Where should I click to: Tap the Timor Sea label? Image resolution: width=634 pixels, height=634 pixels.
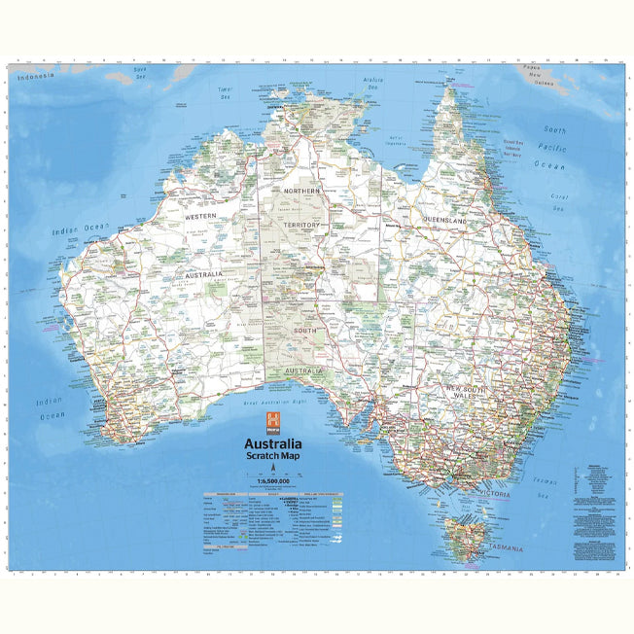tap(226, 93)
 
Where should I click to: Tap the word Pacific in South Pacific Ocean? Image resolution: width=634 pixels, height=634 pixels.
tap(554, 148)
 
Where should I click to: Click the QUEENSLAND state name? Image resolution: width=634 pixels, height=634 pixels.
tap(444, 222)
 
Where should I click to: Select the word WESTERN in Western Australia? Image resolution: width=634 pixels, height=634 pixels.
tap(201, 216)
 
